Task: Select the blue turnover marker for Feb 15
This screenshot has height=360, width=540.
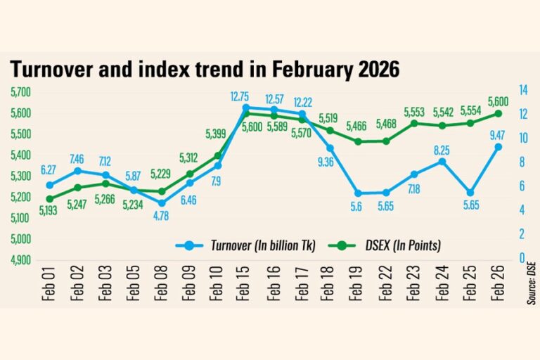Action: click(246, 108)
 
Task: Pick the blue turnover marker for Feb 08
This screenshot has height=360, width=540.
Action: click(162, 203)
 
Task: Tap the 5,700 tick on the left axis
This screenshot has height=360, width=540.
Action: click(22, 91)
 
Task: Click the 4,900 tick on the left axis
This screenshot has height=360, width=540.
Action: click(22, 260)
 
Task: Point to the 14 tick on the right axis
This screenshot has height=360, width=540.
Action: click(524, 90)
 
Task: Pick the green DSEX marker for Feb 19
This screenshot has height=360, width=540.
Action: click(359, 141)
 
